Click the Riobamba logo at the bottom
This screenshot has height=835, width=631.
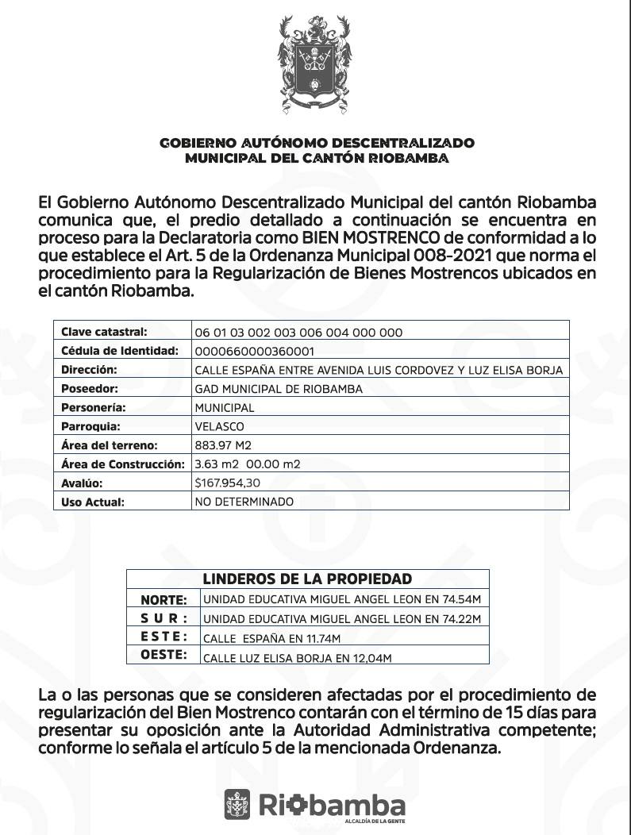315,805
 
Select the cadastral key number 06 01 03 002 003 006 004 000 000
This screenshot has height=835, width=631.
298,333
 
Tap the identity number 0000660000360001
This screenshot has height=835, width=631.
255,352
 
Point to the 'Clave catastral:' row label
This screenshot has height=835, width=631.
104,332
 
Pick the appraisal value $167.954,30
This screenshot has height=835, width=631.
227,483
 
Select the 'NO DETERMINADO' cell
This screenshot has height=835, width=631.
244,502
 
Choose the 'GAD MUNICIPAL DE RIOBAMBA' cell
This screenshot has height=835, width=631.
278,389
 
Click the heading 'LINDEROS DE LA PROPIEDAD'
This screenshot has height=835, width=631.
307,579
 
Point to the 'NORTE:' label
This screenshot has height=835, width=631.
164,600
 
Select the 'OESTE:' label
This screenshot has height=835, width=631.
164,655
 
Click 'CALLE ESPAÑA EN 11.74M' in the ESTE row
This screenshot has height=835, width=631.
271,638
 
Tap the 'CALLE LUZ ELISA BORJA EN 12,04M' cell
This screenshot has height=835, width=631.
298,657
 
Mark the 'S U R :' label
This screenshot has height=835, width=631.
164,618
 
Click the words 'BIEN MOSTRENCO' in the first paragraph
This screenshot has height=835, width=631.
363,237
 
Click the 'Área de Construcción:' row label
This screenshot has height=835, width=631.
122,464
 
